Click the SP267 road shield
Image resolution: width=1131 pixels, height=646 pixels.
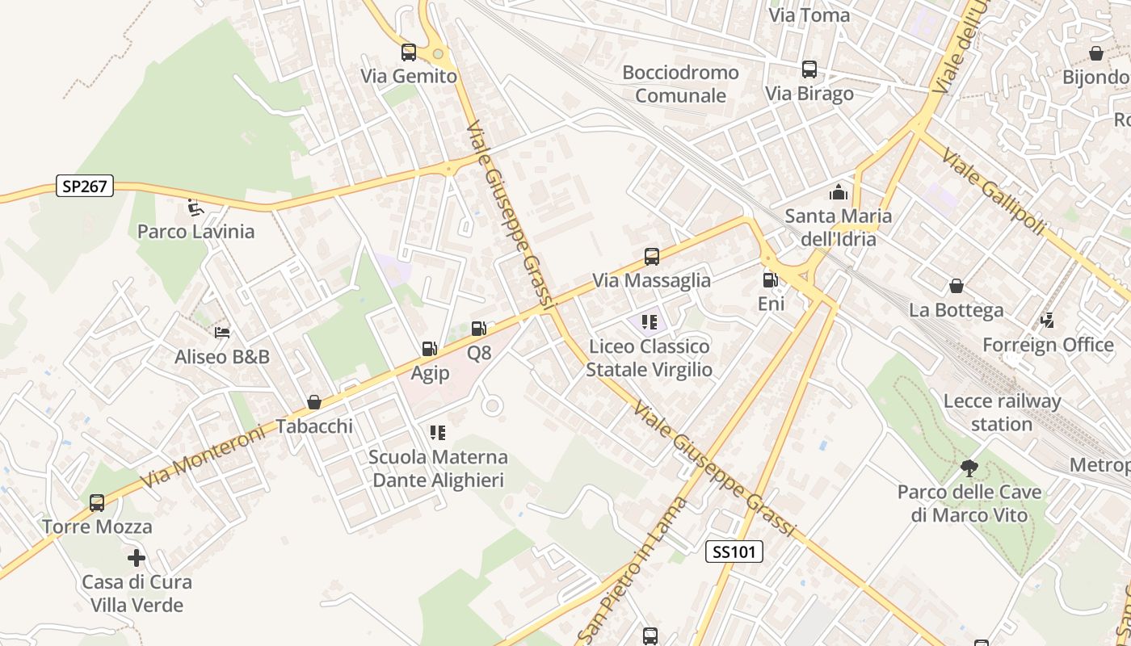(x=85, y=187)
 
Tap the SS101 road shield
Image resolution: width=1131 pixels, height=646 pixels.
(x=734, y=552)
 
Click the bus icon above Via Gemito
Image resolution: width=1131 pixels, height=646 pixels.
(x=409, y=52)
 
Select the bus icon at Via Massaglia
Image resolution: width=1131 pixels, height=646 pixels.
(x=652, y=257)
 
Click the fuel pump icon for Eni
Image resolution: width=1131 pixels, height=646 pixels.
(x=771, y=280)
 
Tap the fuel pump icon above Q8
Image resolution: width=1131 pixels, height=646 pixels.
(x=478, y=329)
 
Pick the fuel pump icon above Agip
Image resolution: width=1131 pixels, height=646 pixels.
(x=429, y=349)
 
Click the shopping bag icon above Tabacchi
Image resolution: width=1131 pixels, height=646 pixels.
(x=314, y=401)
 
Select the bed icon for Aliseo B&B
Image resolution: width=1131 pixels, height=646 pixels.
(x=222, y=332)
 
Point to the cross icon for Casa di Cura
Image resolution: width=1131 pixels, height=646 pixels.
(x=137, y=557)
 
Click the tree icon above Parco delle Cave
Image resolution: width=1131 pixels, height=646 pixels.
(x=969, y=468)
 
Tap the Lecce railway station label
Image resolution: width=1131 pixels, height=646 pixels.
(x=1002, y=412)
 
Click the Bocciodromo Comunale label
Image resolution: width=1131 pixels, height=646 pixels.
(x=680, y=84)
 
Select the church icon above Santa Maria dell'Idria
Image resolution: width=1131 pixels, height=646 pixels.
(x=839, y=192)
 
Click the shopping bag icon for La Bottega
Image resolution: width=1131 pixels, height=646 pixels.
(x=957, y=286)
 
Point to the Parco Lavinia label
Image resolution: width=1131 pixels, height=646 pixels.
(x=196, y=232)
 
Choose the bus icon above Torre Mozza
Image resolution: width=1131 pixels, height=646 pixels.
(x=97, y=503)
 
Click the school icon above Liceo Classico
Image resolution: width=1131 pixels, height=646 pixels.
(x=650, y=323)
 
